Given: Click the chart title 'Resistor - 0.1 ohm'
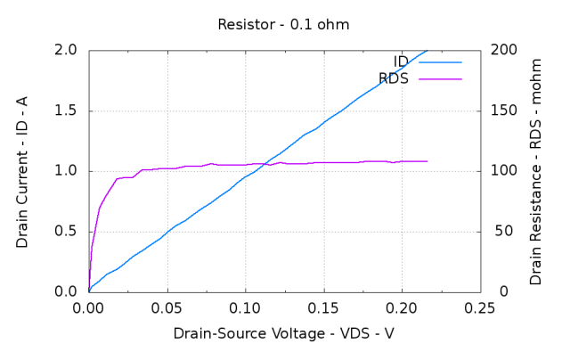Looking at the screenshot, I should (x=284, y=24).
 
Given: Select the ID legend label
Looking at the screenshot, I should (x=401, y=61).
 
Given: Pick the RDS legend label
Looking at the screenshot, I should (x=394, y=78).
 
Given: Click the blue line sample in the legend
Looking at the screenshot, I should (x=440, y=61).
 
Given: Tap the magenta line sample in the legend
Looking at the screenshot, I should (x=440, y=78).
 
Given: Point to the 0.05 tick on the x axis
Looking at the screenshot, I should (x=167, y=308).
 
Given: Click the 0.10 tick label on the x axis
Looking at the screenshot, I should (x=245, y=308).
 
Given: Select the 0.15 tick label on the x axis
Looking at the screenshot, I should (x=323, y=308).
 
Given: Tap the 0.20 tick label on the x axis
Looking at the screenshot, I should (x=402, y=308).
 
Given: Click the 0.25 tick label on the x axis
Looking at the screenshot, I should (x=480, y=308).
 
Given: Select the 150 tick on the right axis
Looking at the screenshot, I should (x=501, y=111).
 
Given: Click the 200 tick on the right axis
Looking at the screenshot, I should (x=501, y=51).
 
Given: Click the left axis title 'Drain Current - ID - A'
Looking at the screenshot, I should (x=22, y=170).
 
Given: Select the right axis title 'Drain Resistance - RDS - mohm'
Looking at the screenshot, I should (x=536, y=170).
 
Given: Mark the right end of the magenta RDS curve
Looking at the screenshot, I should (x=427, y=161).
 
